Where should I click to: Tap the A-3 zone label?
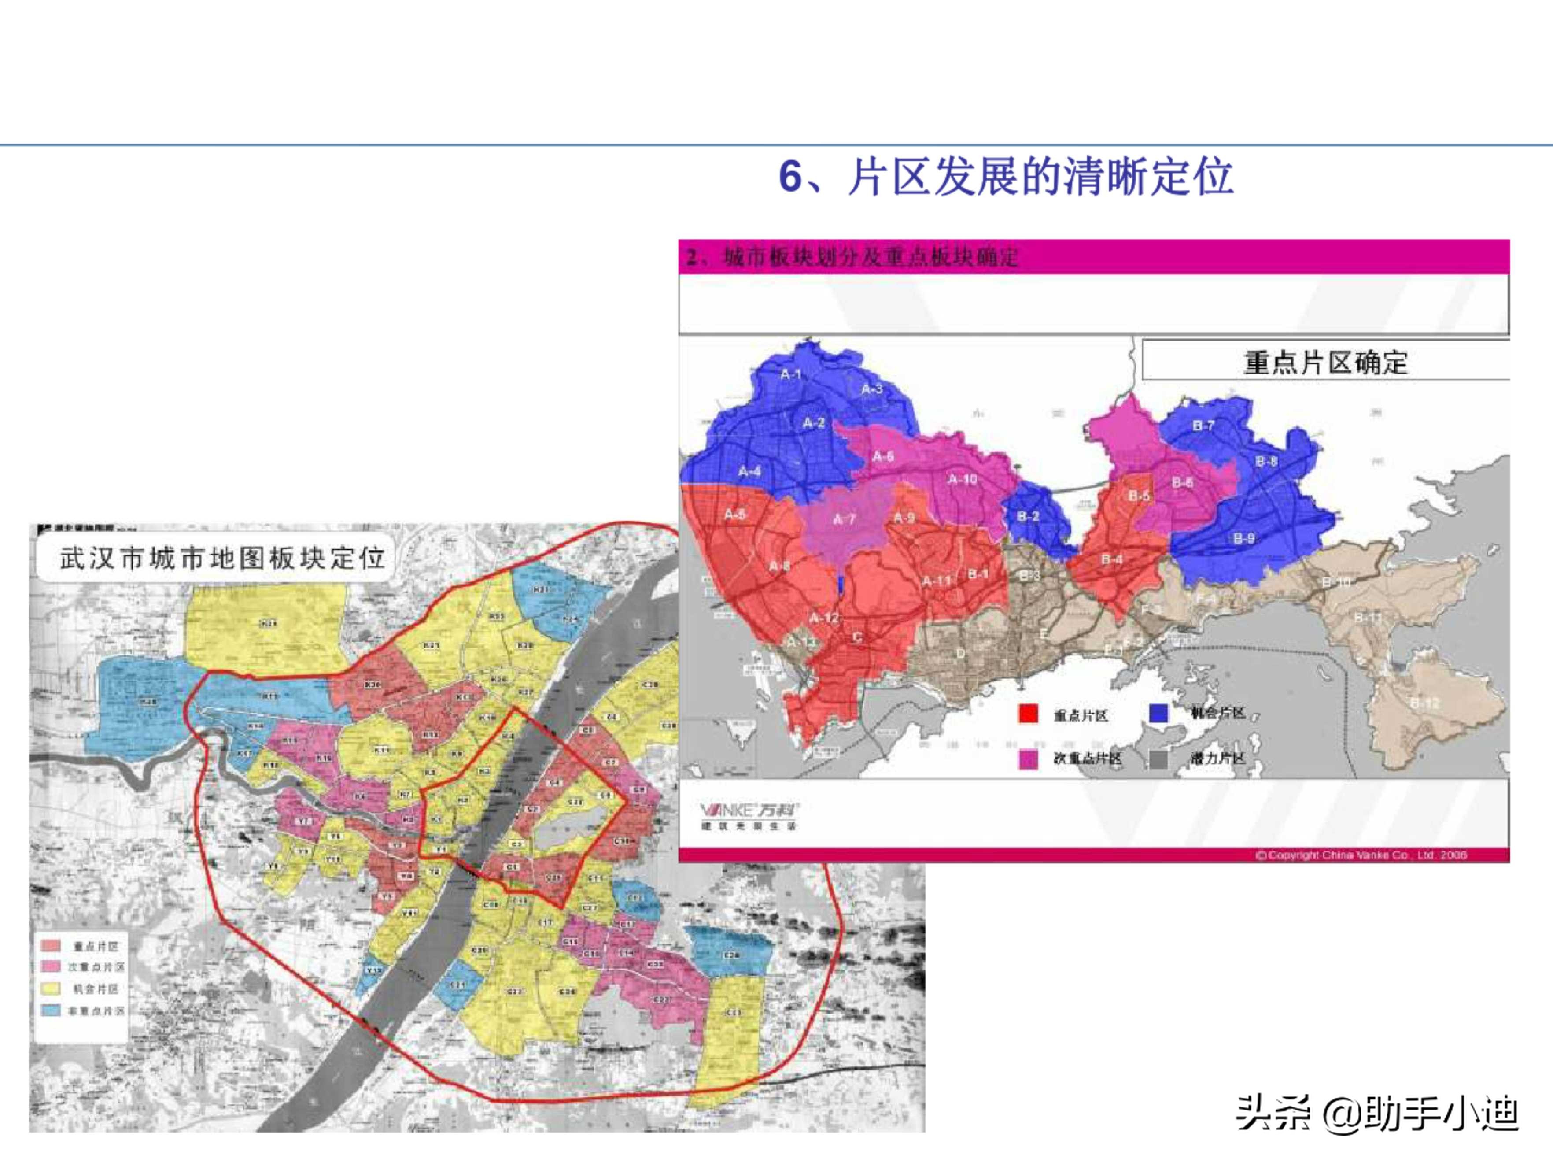pyautogui.click(x=871, y=389)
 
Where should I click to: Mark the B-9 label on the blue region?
pyautogui.click(x=1243, y=539)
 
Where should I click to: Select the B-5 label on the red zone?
pyautogui.click(x=1139, y=496)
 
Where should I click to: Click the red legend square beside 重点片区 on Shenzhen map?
pyautogui.click(x=1028, y=714)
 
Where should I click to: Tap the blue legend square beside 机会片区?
pyautogui.click(x=1158, y=713)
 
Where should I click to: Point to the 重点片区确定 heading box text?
pyautogui.click(x=1325, y=363)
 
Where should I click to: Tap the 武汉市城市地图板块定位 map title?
pyautogui.click(x=222, y=559)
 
